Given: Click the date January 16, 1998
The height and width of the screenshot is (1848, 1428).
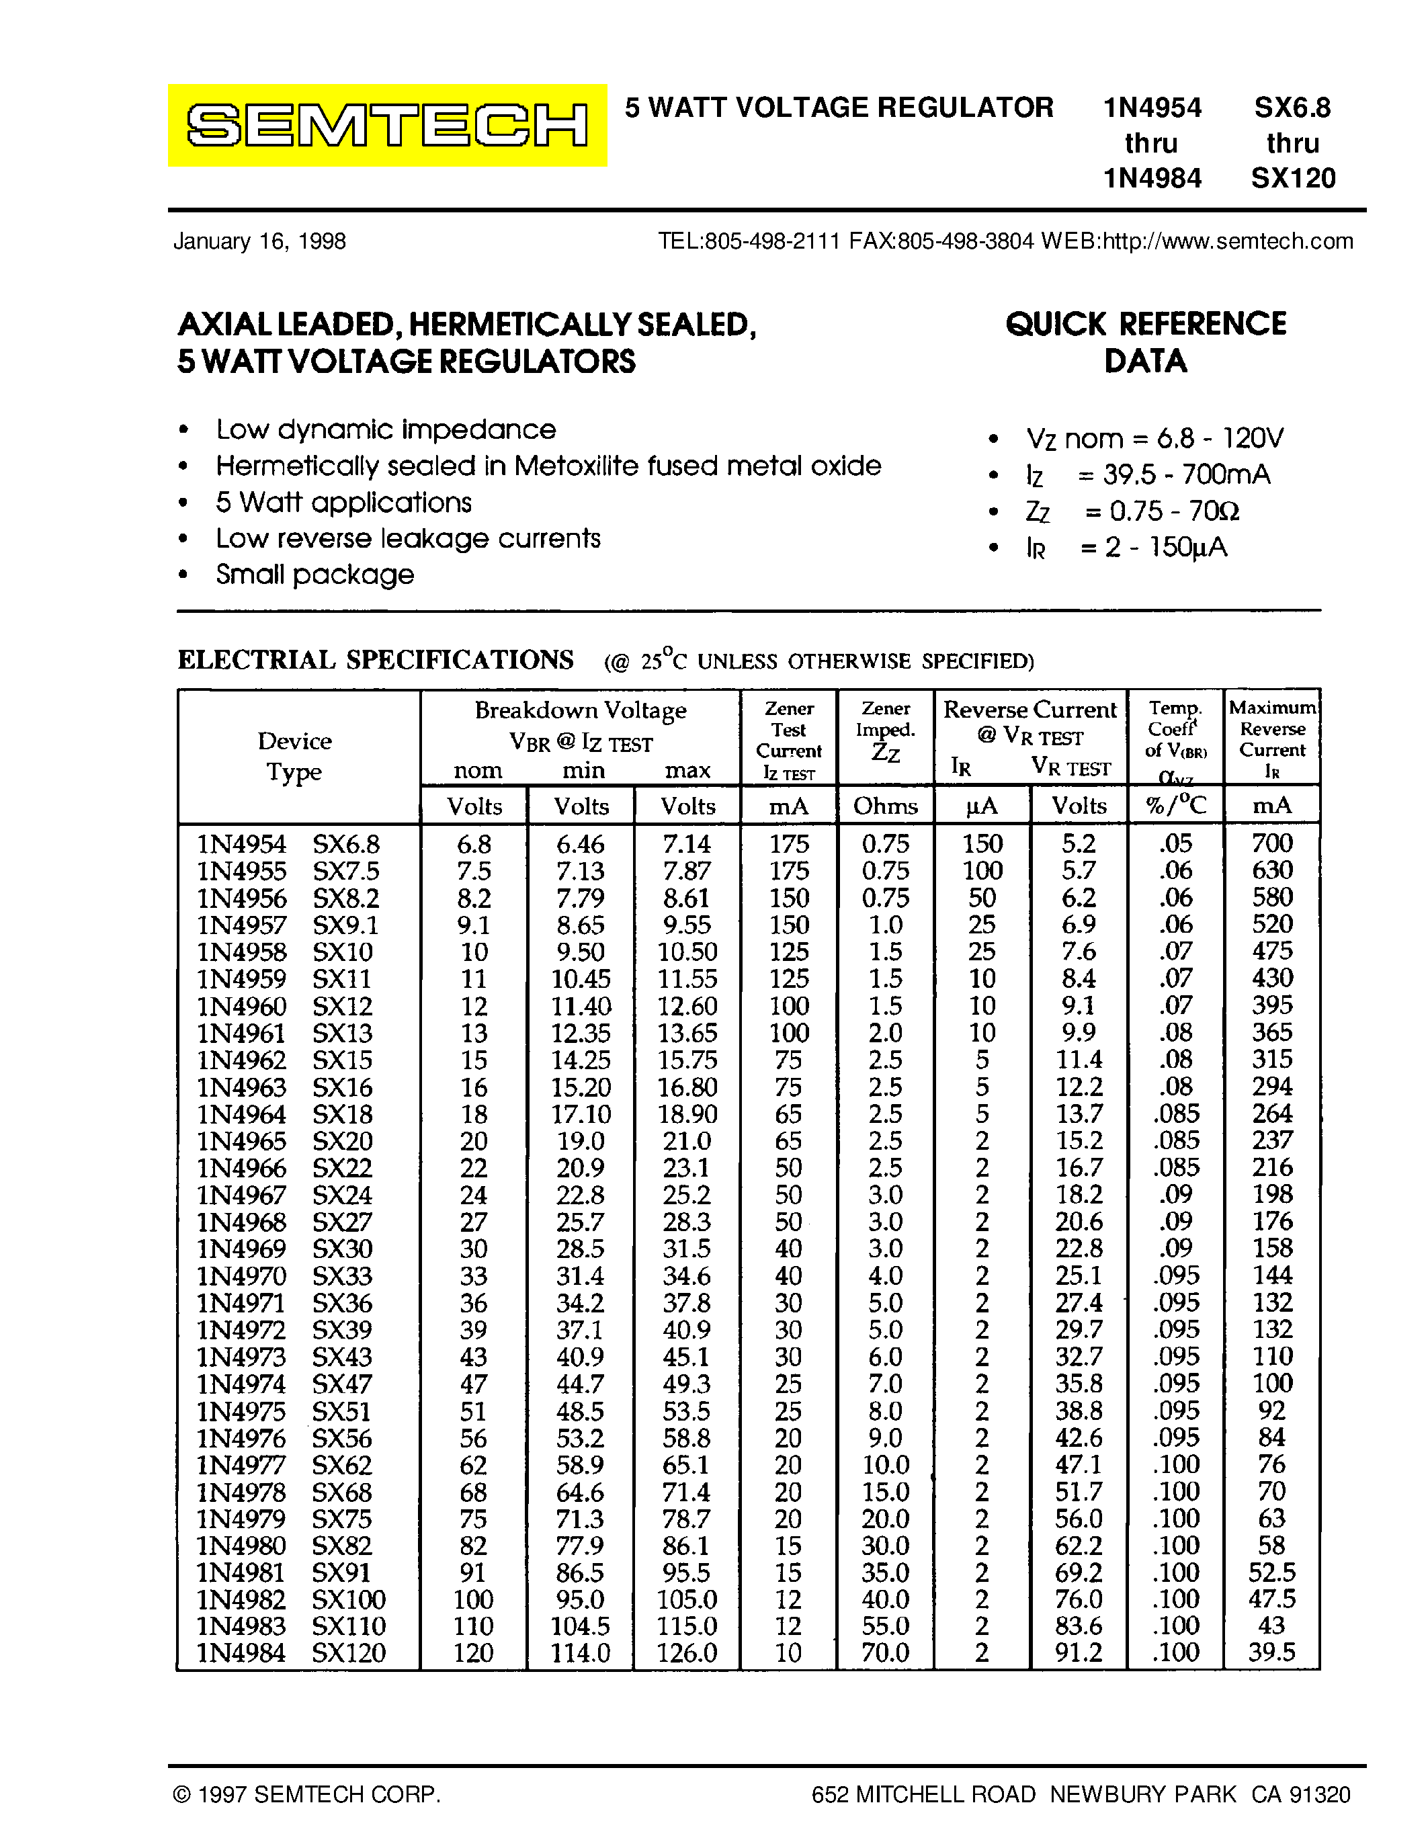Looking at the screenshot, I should coord(259,241).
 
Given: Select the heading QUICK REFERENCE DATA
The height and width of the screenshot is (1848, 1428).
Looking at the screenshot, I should coord(1146,342).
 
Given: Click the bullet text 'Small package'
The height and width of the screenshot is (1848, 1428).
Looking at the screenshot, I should coord(314,575).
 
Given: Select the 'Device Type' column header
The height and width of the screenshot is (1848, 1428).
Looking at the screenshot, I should coord(294,755).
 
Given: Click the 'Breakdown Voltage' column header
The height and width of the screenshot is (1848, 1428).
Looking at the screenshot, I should coord(581,710).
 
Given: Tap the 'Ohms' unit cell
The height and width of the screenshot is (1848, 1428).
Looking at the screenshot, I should coord(885,806).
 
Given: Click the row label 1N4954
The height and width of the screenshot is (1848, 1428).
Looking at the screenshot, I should coord(242,843).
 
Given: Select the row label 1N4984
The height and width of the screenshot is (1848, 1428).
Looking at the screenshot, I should coord(241,1652).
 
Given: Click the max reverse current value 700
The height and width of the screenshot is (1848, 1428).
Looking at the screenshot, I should coord(1271,843).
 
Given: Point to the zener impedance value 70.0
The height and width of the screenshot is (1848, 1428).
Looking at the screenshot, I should coord(885,1652).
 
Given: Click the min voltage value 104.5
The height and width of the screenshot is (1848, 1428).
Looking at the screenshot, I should coord(581,1626).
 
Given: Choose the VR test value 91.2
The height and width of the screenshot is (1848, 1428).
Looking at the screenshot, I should coord(1079,1652).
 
